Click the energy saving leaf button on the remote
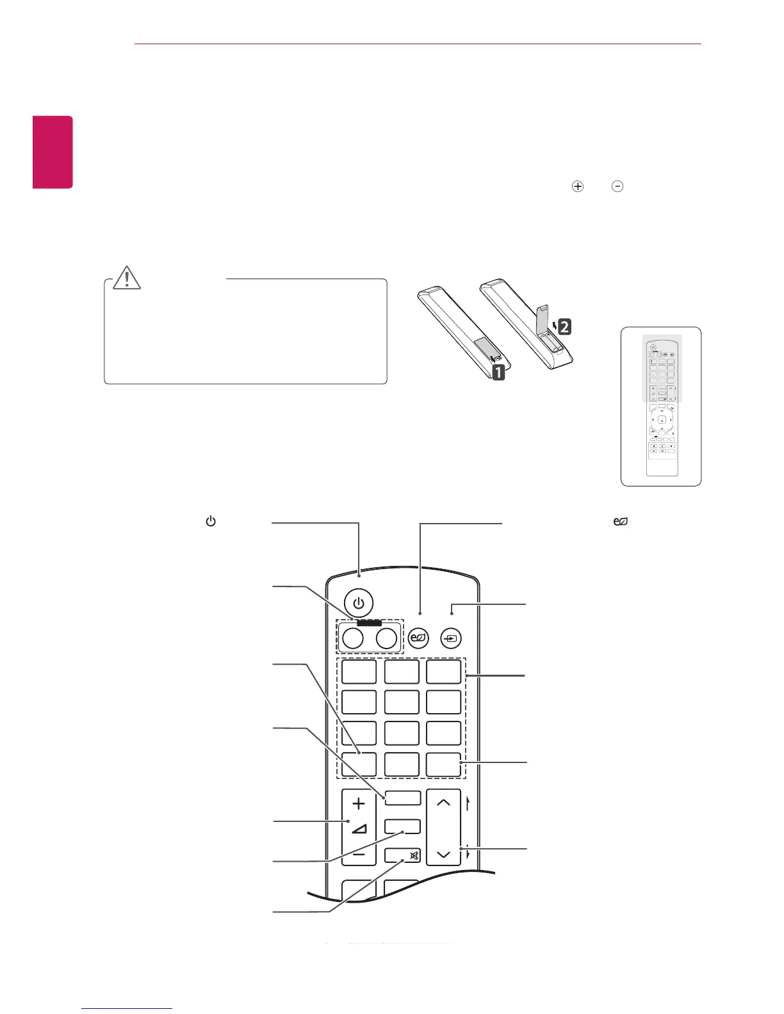tap(418, 638)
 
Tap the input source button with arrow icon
tap(452, 638)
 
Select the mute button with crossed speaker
tap(403, 855)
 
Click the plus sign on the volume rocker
tap(359, 803)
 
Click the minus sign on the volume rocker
tap(359, 855)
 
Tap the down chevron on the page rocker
tap(443, 855)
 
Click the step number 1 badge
tap(498, 371)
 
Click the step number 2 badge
tap(564, 327)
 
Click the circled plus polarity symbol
tap(578, 186)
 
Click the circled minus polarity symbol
tap(617, 186)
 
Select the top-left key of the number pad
tap(359, 672)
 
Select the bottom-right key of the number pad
tap(444, 764)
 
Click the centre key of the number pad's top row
tap(402, 672)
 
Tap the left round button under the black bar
tap(353, 638)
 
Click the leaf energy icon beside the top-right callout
tap(620, 522)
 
